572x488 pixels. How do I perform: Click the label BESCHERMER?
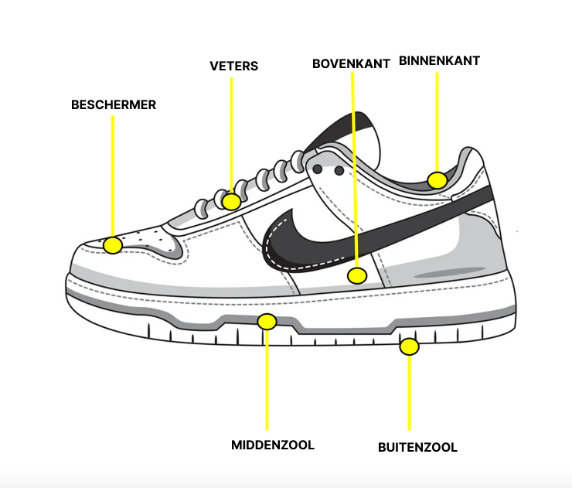tap(114, 104)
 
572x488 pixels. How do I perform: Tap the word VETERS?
tap(233, 66)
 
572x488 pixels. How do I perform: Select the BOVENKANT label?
tap(351, 63)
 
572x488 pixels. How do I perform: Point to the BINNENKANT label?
tap(439, 60)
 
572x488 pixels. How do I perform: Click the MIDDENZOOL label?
tap(273, 445)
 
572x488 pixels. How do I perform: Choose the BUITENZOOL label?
tap(417, 447)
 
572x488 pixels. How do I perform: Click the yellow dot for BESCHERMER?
tap(114, 246)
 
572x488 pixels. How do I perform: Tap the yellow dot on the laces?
tap(231, 202)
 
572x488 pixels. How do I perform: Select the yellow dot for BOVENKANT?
tap(356, 275)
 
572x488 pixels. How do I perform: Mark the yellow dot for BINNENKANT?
tap(438, 180)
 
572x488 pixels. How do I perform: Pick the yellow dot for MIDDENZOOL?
tap(267, 321)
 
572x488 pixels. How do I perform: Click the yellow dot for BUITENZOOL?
tap(409, 346)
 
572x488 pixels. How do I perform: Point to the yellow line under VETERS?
tap(231, 131)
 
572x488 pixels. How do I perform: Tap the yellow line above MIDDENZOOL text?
tap(267, 379)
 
